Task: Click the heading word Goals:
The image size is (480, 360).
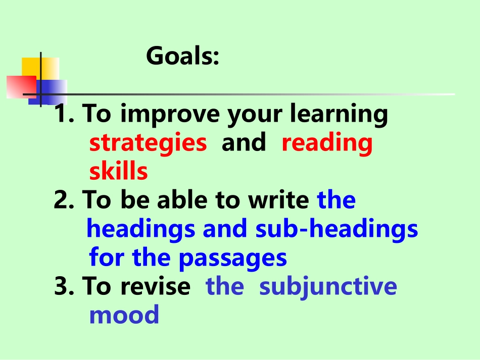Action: (183, 57)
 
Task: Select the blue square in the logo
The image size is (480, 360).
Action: (51, 91)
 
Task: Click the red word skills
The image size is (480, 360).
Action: (118, 172)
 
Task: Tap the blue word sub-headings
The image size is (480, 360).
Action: (337, 229)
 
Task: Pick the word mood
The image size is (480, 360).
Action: (124, 315)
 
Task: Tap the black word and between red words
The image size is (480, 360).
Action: (244, 143)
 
